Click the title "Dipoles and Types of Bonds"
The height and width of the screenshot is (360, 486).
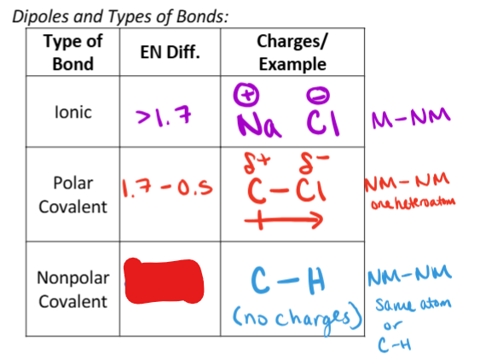pos(120,16)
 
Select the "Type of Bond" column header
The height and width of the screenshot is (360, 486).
pos(73,52)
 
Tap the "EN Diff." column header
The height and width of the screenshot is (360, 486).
pos(171,52)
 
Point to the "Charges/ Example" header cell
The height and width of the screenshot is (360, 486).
pos(292,52)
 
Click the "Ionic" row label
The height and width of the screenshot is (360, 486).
pos(73,112)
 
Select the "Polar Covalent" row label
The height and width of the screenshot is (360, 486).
pos(73,195)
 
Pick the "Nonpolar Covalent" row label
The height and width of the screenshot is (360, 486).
pos(73,289)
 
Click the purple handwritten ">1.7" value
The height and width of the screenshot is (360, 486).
pos(164,116)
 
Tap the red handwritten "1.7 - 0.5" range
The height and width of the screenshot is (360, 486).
pos(167,188)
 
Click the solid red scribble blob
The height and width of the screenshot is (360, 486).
pos(164,281)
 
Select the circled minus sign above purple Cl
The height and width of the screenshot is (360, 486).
pos(318,96)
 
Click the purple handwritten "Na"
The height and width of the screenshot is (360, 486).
pos(259,125)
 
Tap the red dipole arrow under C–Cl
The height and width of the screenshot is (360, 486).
pos(284,220)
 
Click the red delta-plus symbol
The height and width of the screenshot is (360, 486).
pos(257,162)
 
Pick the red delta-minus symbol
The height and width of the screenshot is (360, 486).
pos(313,162)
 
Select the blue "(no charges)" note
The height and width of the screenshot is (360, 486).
pos(298,318)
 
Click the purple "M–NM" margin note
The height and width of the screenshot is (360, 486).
pos(411,118)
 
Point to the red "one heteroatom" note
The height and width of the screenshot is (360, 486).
pos(414,203)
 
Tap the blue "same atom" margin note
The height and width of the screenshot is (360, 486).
pos(414,305)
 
